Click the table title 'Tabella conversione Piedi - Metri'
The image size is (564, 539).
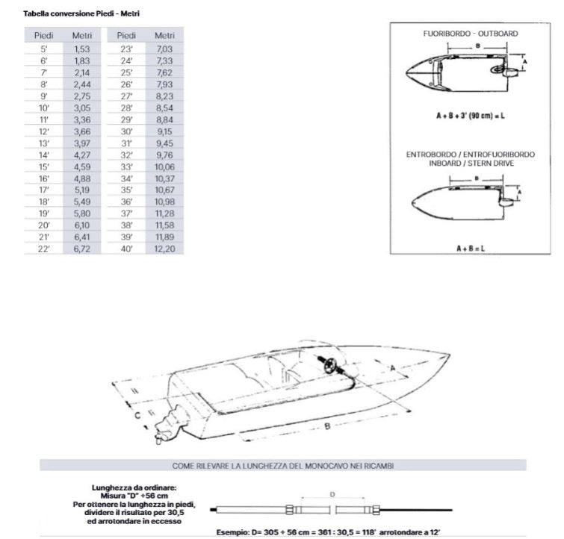tap(71, 13)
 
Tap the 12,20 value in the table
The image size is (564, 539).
tap(164, 249)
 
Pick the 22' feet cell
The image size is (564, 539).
tap(44, 249)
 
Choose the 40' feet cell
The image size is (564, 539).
tap(127, 249)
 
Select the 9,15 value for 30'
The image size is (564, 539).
tap(164, 131)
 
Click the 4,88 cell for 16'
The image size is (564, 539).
tap(82, 178)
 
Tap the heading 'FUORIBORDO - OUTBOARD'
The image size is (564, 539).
tap(471, 34)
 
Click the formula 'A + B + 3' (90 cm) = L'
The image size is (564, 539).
tap(471, 116)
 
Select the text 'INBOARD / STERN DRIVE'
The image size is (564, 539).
tap(471, 163)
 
